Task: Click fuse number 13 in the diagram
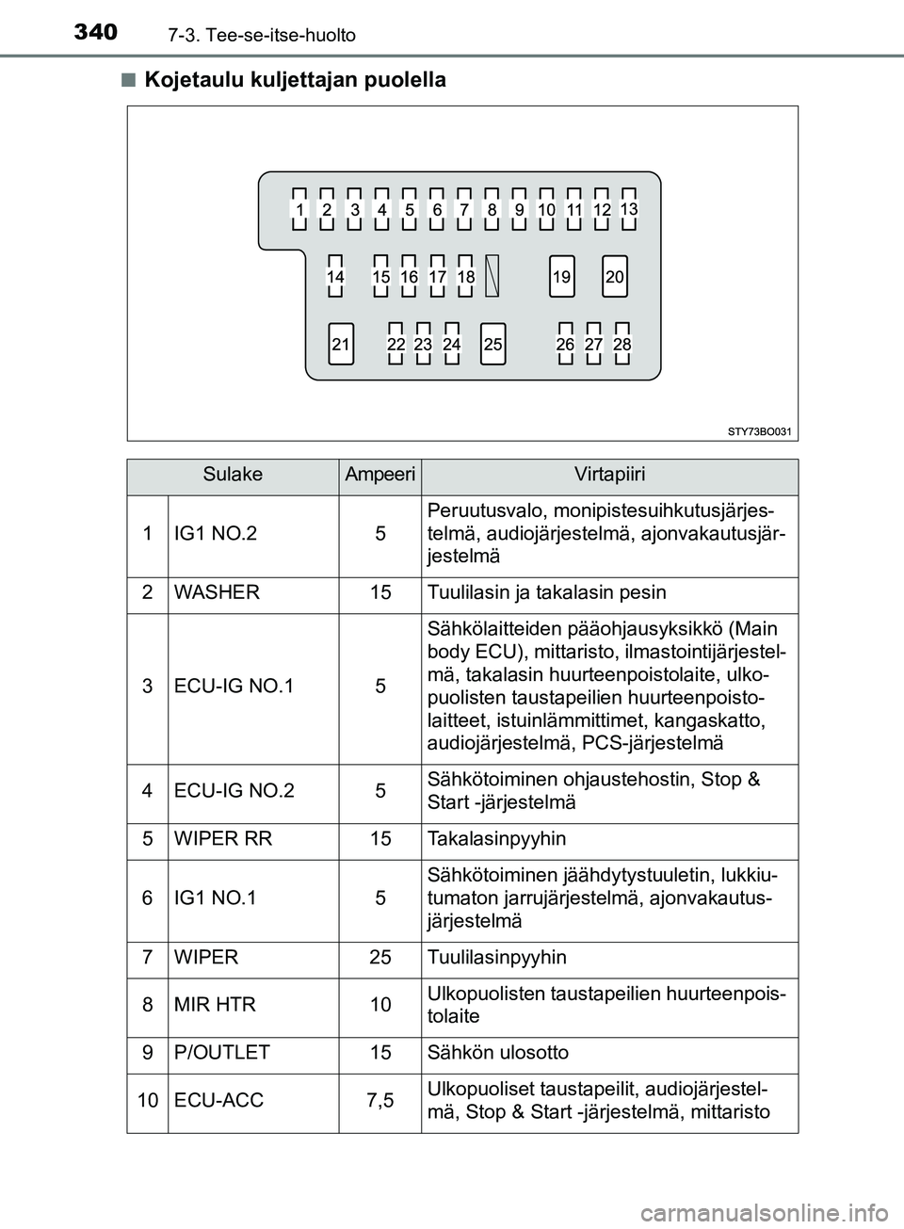[629, 208]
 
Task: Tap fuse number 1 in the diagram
[299, 209]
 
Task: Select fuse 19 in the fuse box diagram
[562, 277]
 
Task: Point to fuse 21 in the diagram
[341, 345]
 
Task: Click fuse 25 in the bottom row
[492, 345]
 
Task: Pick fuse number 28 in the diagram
[621, 345]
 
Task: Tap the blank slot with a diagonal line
[492, 276]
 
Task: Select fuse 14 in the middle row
[335, 277]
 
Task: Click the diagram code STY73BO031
[760, 431]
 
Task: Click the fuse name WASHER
[218, 593]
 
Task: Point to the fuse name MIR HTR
[215, 1005]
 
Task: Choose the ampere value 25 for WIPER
[379, 958]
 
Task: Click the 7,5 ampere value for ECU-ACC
[379, 1100]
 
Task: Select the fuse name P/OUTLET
[222, 1053]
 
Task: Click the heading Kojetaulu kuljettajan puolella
[296, 80]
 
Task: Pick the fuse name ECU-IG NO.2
[234, 791]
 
